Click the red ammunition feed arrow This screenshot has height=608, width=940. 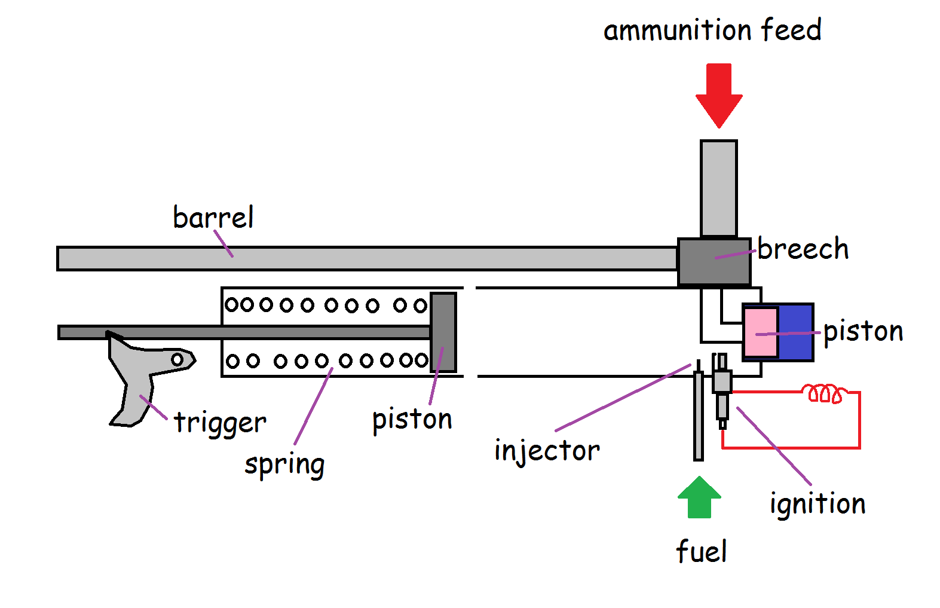[x=719, y=93]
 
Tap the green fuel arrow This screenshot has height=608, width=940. [x=699, y=498]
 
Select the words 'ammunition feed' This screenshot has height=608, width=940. [x=712, y=30]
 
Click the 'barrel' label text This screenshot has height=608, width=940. [x=213, y=217]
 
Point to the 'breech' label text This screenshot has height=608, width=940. [x=803, y=249]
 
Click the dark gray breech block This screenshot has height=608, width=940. [x=714, y=262]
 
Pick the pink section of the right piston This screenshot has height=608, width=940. [x=761, y=332]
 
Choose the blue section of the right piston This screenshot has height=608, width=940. [x=795, y=332]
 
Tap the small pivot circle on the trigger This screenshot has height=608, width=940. [x=177, y=359]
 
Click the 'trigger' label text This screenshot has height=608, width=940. [x=220, y=423]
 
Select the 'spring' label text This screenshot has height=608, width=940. [x=284, y=465]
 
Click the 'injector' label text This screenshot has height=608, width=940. [x=547, y=451]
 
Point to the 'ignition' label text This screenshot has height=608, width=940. [x=817, y=504]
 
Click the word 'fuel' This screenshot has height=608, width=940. [x=702, y=551]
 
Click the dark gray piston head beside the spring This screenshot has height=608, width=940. [x=443, y=332]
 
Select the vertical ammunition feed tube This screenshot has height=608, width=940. [x=718, y=188]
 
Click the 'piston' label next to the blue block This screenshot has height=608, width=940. [x=863, y=331]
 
